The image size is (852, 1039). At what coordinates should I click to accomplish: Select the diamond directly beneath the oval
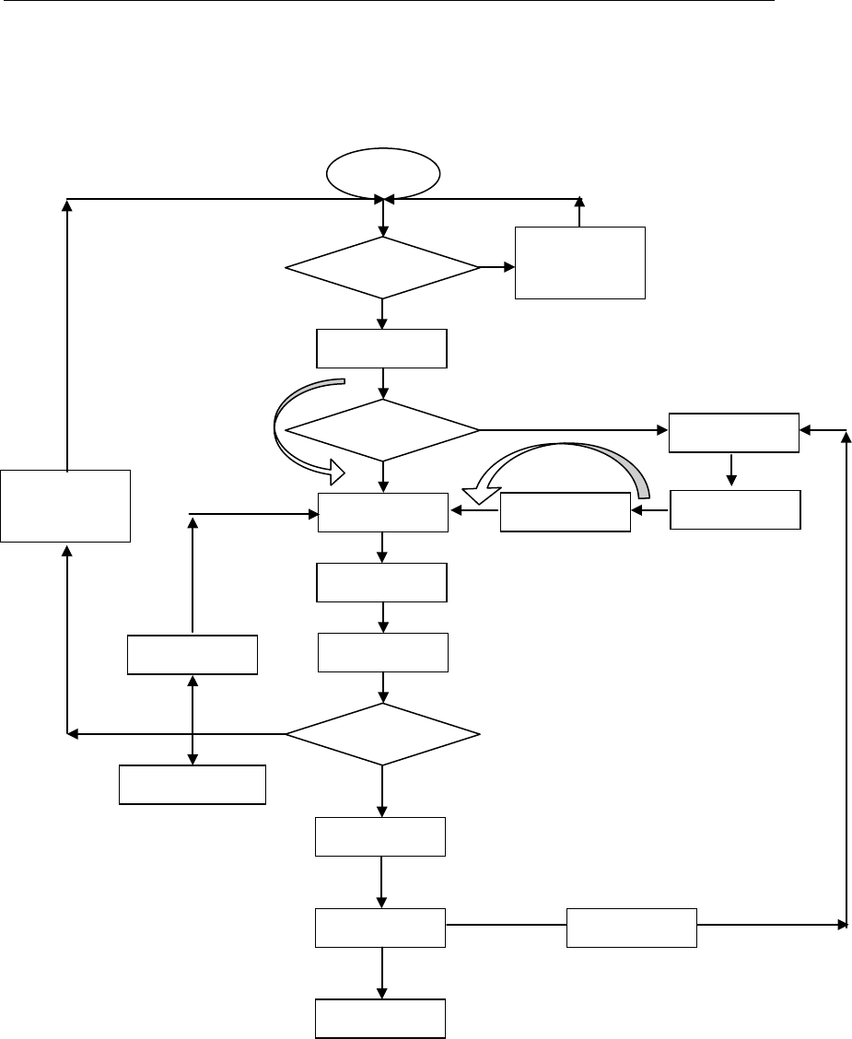(x=382, y=268)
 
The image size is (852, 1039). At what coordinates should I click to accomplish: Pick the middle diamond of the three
(x=382, y=429)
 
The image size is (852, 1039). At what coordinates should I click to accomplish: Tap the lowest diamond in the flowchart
(x=382, y=734)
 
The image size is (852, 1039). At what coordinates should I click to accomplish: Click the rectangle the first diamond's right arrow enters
(x=579, y=263)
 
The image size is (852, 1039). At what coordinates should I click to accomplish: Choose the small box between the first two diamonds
(x=381, y=348)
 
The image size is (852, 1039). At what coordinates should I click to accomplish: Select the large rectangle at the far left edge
(x=65, y=505)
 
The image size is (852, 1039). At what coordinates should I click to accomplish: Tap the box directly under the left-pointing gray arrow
(x=565, y=512)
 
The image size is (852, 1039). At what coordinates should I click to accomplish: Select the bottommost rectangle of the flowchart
(x=381, y=1019)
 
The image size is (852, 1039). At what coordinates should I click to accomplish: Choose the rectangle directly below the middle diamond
(x=382, y=512)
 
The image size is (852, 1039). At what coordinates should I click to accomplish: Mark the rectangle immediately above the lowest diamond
(x=382, y=652)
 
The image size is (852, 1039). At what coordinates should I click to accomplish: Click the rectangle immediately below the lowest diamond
(x=380, y=836)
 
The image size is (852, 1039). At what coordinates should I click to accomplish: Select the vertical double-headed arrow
(x=192, y=718)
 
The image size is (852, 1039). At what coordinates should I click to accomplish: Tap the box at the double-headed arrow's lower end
(x=193, y=785)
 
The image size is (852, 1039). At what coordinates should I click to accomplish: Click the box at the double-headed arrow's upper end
(x=192, y=654)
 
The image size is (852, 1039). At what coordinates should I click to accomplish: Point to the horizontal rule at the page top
(x=387, y=2)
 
